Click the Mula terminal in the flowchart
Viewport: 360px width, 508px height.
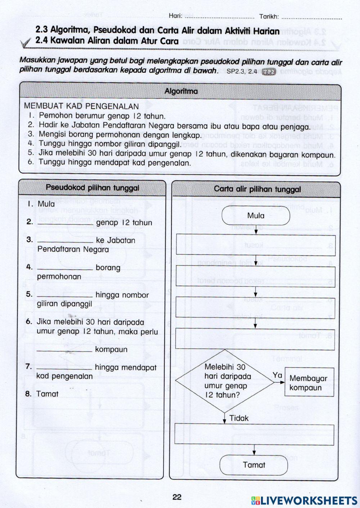[256, 216]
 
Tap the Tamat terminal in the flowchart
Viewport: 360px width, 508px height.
[254, 465]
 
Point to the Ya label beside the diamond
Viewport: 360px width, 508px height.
[277, 375]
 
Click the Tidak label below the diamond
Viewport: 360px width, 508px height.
[239, 418]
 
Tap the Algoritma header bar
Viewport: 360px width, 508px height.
[180, 92]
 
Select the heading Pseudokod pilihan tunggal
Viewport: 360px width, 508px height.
[93, 188]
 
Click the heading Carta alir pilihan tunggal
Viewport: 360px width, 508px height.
[257, 189]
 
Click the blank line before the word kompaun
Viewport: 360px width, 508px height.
[65, 350]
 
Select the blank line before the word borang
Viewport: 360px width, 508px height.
[65, 268]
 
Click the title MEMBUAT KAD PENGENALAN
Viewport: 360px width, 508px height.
[81, 107]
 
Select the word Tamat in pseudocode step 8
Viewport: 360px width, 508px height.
[47, 394]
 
